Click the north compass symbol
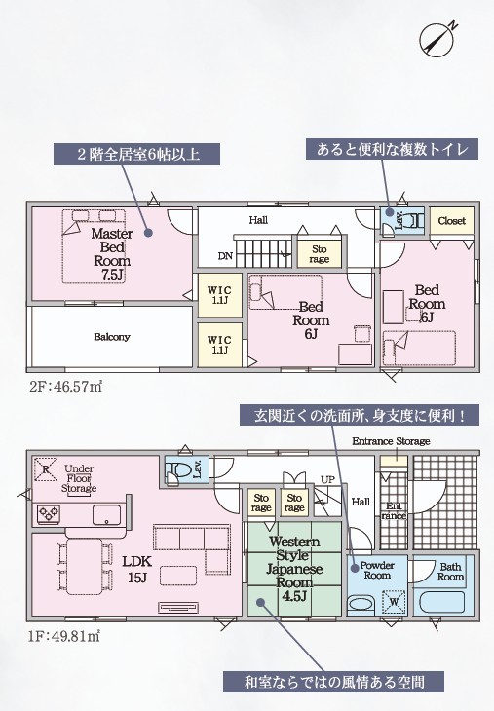437,39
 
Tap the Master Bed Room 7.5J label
112,254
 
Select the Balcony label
112,337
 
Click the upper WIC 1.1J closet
219,295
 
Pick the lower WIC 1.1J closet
219,345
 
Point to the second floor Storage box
320,254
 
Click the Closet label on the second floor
452,221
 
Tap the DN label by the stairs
225,256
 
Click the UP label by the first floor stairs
327,479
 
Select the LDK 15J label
137,569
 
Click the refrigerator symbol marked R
46,469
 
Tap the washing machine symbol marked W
394,602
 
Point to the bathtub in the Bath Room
441,602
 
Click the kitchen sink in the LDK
106,514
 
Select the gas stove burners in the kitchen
49,513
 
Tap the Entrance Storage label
391,441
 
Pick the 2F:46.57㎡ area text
65,387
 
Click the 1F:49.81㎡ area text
64,635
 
